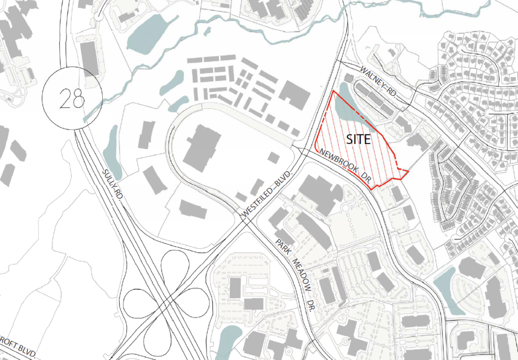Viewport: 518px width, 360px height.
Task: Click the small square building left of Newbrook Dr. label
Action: pos(273,157)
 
